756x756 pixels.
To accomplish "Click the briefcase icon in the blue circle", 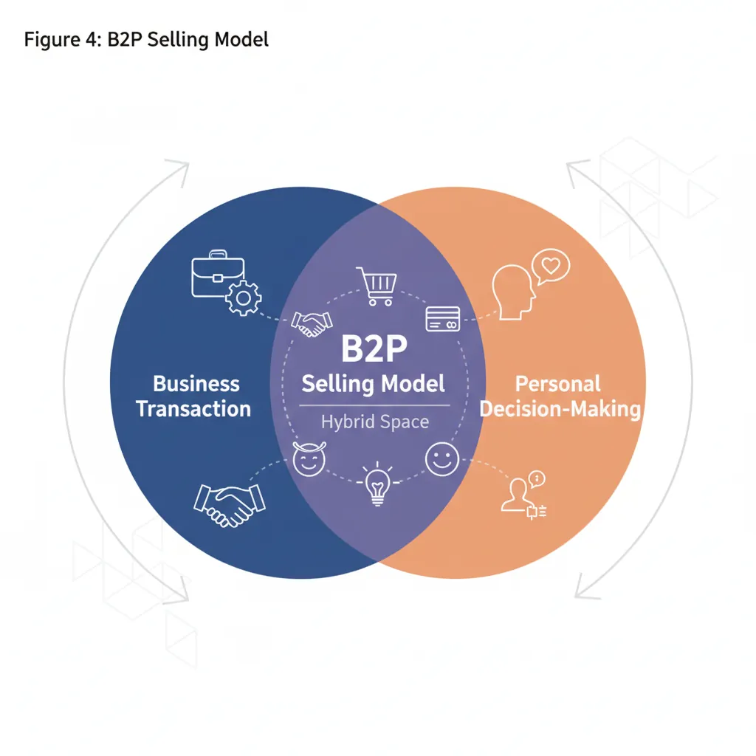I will point(210,275).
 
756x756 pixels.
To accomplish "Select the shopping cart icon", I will point(377,286).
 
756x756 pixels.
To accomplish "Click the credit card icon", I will point(443,318).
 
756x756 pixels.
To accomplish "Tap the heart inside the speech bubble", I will point(549,265).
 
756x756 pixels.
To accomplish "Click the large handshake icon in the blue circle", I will point(229,504).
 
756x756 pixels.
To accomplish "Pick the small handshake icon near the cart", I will point(312,323).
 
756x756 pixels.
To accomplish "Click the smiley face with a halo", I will point(309,460).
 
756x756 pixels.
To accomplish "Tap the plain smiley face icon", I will point(442,460).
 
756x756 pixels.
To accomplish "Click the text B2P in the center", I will point(374,349).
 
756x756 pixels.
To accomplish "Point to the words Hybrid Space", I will point(374,422).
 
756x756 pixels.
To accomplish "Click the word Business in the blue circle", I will point(196,384).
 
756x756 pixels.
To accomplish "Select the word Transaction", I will point(193,409).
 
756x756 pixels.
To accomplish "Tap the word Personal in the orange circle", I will point(557,384).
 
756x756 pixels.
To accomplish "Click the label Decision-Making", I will point(560,409).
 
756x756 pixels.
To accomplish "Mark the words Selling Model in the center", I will point(374,384).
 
